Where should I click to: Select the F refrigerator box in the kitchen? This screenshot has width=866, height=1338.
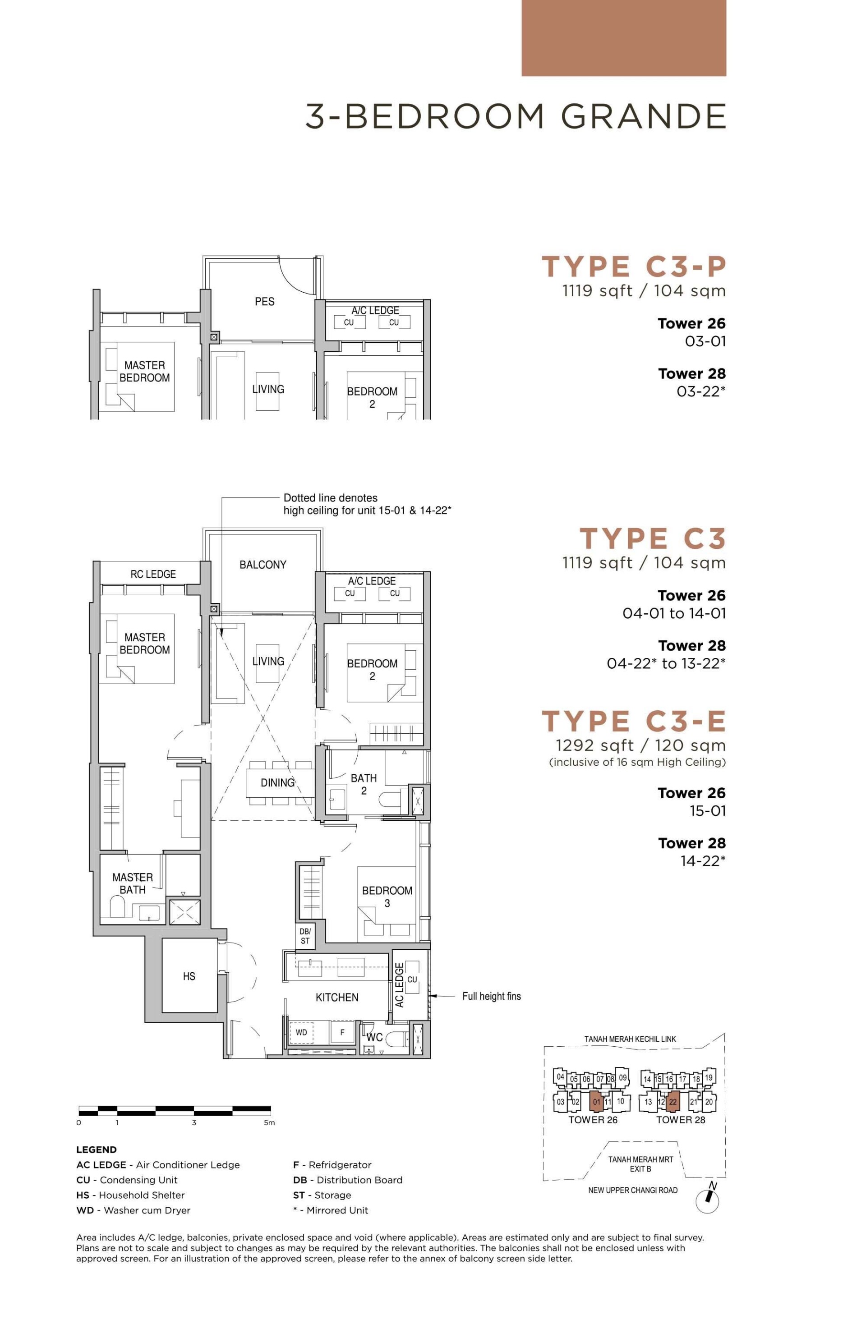(x=342, y=1032)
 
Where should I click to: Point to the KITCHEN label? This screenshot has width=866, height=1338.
(x=337, y=998)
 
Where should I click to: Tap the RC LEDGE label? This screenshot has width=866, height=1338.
(x=153, y=574)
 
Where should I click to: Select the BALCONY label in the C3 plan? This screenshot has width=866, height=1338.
(x=263, y=565)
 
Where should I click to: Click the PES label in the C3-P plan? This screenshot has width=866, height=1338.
(x=264, y=301)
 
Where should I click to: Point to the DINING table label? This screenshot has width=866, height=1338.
(x=277, y=782)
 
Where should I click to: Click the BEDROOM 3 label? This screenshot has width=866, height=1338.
(x=387, y=897)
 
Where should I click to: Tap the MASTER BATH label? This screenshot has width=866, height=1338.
(x=132, y=883)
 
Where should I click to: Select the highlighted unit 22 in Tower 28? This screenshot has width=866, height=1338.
(x=673, y=1101)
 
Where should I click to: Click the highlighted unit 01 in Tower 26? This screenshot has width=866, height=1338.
(x=596, y=1101)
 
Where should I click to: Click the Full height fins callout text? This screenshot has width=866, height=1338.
(x=492, y=996)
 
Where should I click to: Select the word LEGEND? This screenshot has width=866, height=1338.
(x=97, y=1149)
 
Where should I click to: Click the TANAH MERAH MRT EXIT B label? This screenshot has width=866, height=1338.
(x=640, y=1164)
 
